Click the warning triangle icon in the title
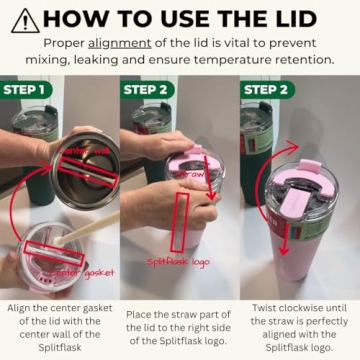point(25,19)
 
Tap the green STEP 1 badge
point(31,89)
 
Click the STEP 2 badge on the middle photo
point(150,89)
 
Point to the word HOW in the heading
point(76,19)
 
